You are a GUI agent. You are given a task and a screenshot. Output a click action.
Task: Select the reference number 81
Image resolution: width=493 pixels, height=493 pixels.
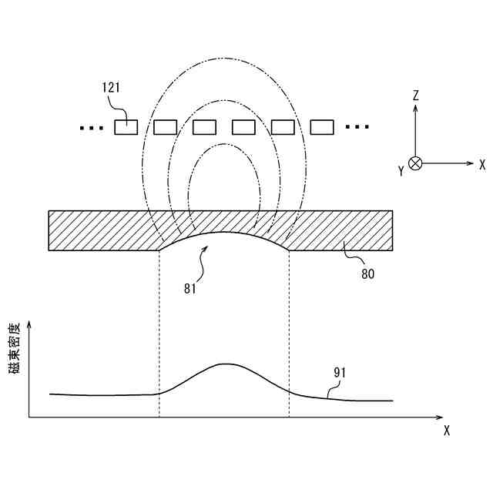(x=190, y=289)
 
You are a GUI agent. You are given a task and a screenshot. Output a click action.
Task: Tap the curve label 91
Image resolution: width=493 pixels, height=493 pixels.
(x=340, y=372)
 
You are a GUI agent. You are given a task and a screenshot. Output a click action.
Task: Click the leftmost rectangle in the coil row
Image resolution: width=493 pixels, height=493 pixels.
(x=126, y=127)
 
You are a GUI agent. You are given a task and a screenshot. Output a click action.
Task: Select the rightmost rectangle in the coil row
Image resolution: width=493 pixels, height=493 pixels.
(x=322, y=127)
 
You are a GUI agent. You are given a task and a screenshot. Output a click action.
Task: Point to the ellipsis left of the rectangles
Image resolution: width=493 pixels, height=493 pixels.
(x=92, y=128)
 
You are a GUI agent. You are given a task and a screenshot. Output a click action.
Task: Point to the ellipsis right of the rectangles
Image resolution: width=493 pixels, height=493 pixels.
(x=357, y=127)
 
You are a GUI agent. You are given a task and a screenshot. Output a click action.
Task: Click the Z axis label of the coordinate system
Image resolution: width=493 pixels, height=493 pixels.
(x=415, y=96)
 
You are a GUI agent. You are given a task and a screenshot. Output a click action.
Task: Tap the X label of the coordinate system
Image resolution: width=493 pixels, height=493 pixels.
(x=481, y=164)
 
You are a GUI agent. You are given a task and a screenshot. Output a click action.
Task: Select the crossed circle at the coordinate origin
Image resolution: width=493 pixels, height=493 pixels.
(x=415, y=163)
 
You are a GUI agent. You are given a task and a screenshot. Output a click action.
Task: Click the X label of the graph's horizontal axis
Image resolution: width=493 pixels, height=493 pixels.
(x=447, y=431)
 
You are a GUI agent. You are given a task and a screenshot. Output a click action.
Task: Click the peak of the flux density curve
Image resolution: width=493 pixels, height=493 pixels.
(x=224, y=364)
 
